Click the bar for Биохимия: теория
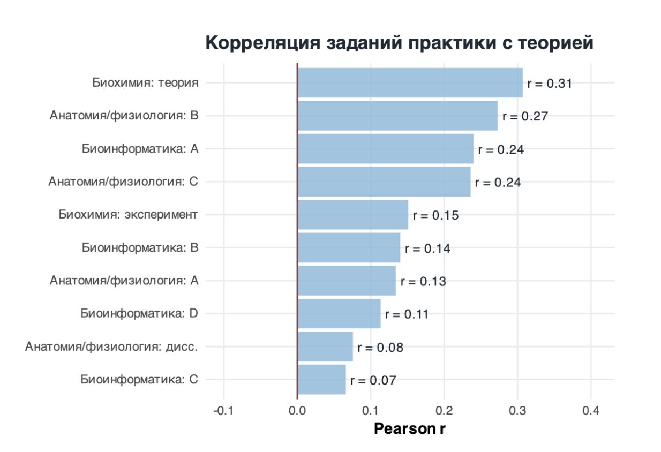coord(410,83)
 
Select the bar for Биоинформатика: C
coord(321,380)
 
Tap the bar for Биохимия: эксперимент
coord(352,215)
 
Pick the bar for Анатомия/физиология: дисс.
coord(325,346)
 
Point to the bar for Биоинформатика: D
coord(339,314)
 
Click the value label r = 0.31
coord(550,84)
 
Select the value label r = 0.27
coord(525,116)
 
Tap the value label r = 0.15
coord(435,215)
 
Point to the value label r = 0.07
coord(373,381)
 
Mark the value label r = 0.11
coord(407,314)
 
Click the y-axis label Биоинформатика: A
coord(140,149)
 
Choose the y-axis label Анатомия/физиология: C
coord(123,182)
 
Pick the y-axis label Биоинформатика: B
coord(140,248)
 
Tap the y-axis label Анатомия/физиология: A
coord(124,281)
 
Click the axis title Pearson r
coord(410,429)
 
